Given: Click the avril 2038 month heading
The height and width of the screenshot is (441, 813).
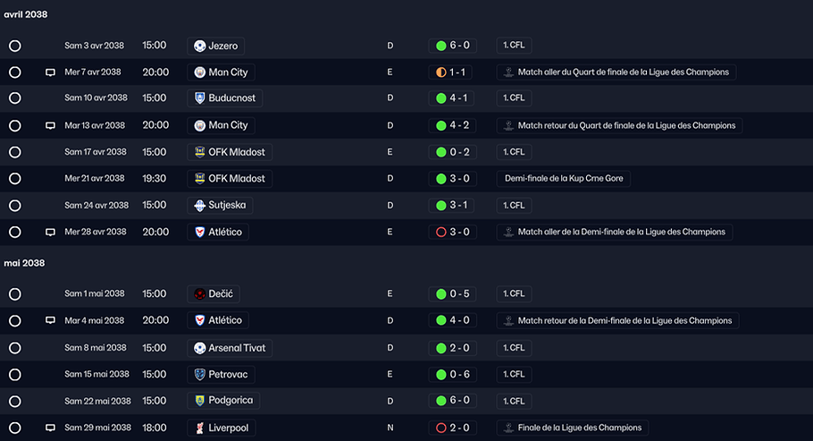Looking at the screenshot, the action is click(25, 14).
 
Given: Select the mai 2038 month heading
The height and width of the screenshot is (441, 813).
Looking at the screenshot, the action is click(24, 263).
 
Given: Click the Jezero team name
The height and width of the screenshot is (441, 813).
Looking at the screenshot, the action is click(223, 46).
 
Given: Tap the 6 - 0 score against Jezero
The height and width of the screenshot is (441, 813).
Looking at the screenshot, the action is click(459, 46).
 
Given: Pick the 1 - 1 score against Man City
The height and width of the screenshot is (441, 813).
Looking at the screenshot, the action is click(457, 72).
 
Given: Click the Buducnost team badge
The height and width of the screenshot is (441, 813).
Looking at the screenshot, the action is click(199, 98).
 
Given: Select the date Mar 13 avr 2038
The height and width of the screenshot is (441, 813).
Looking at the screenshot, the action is click(95, 125).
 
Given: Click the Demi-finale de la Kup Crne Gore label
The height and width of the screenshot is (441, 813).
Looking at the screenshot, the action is click(564, 178).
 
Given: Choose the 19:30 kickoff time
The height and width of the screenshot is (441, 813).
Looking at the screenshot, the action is click(155, 178).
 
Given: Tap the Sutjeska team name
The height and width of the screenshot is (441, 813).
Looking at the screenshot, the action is click(227, 205).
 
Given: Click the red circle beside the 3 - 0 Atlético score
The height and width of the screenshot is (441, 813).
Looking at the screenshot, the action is click(441, 233).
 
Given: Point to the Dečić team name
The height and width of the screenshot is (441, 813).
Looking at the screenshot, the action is click(221, 293).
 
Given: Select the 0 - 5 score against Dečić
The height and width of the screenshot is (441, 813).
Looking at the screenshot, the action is click(459, 293).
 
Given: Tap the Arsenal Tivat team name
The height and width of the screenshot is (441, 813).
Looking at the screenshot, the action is click(237, 348).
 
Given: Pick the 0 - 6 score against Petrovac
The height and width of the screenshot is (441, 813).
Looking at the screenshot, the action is click(459, 374).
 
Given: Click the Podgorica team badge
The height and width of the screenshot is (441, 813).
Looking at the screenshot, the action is click(199, 401).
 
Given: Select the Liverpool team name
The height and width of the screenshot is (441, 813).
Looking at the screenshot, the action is click(229, 428).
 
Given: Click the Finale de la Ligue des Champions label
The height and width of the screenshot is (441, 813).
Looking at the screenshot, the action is click(580, 428).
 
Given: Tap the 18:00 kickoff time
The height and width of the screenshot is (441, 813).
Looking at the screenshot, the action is click(155, 428).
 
